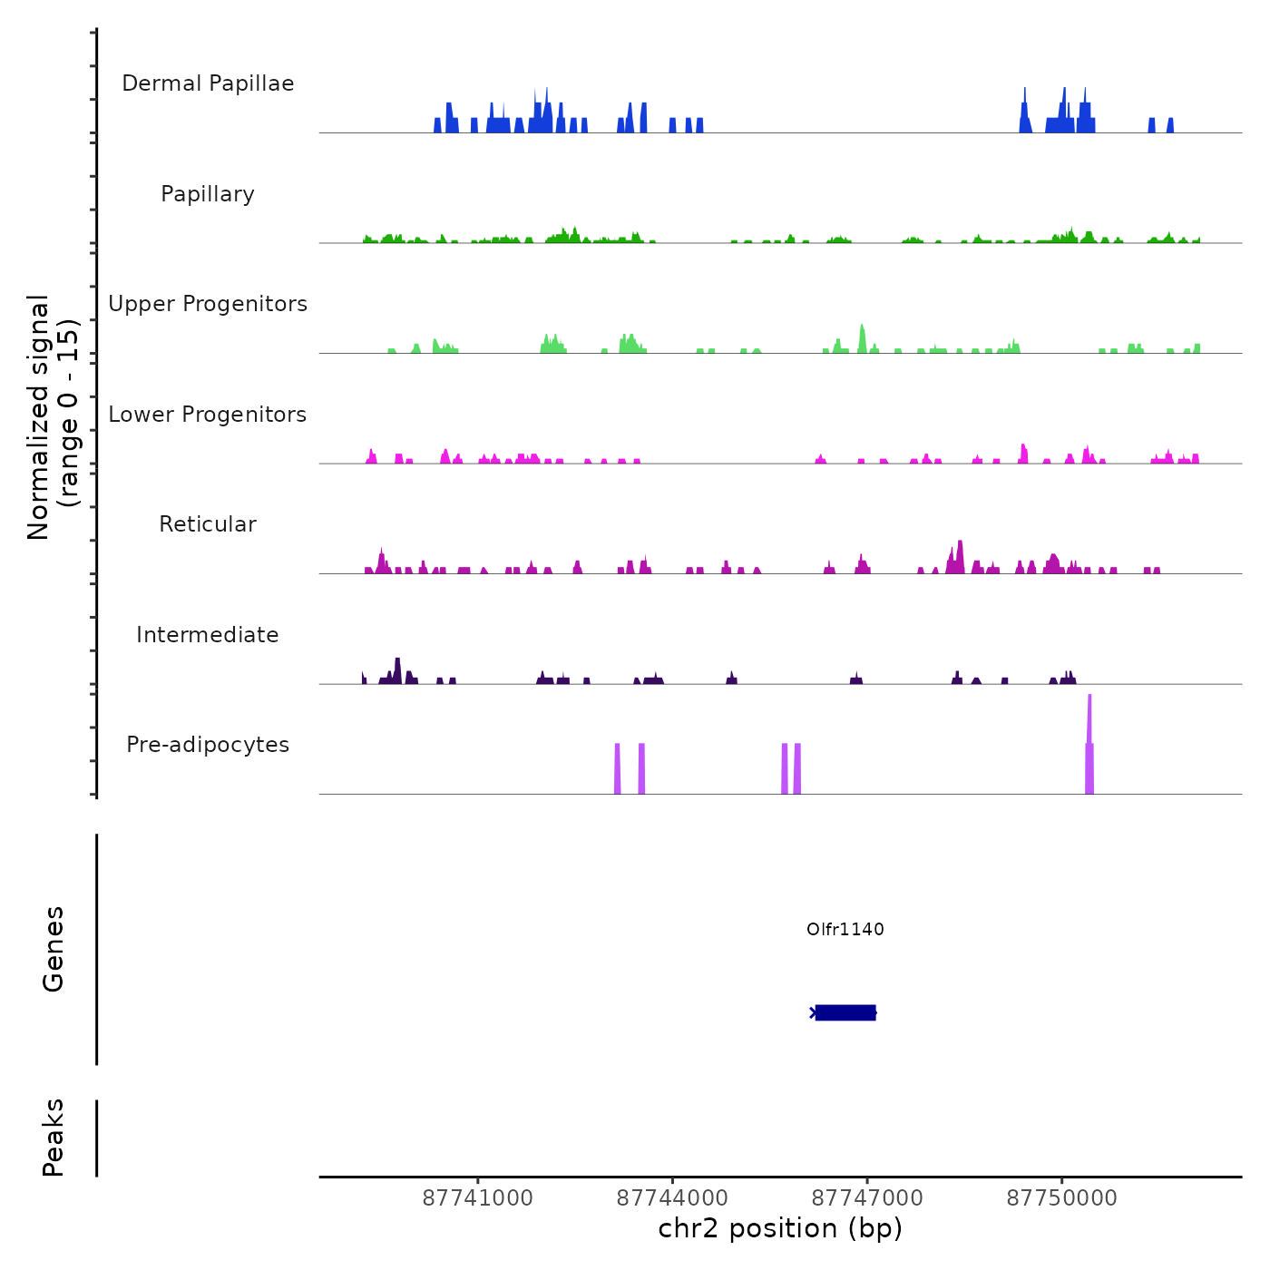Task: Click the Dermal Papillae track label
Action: click(x=208, y=83)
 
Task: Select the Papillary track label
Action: click(x=208, y=194)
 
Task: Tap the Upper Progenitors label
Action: click(x=208, y=304)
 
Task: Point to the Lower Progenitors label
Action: click(x=208, y=415)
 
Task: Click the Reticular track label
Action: click(x=208, y=524)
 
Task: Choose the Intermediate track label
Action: click(x=208, y=635)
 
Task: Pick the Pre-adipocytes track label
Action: click(x=208, y=745)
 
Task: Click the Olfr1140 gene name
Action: click(x=845, y=929)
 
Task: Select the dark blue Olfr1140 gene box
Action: click(x=845, y=1012)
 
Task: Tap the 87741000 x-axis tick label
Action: click(x=478, y=1198)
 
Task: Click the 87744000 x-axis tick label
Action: click(x=672, y=1198)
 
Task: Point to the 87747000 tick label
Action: click(x=867, y=1198)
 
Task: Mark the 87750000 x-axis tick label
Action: click(x=1061, y=1198)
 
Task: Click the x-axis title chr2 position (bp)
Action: click(x=780, y=1228)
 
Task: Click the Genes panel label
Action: click(x=54, y=949)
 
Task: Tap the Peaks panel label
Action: click(x=54, y=1138)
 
